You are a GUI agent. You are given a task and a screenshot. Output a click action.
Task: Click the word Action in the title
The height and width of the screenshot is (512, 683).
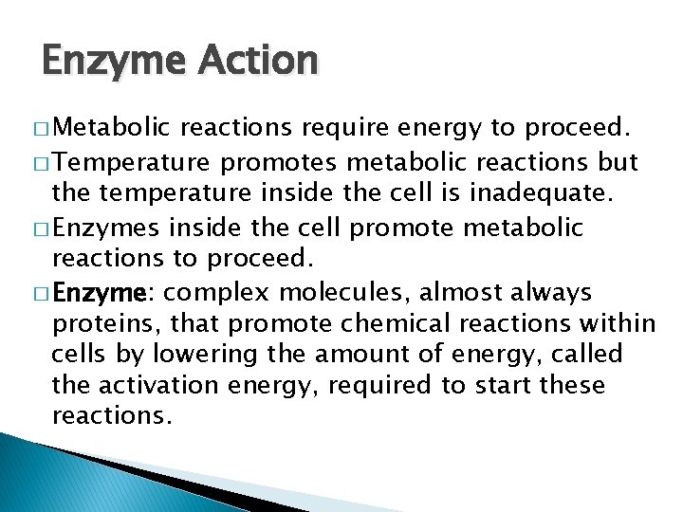coord(256,61)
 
